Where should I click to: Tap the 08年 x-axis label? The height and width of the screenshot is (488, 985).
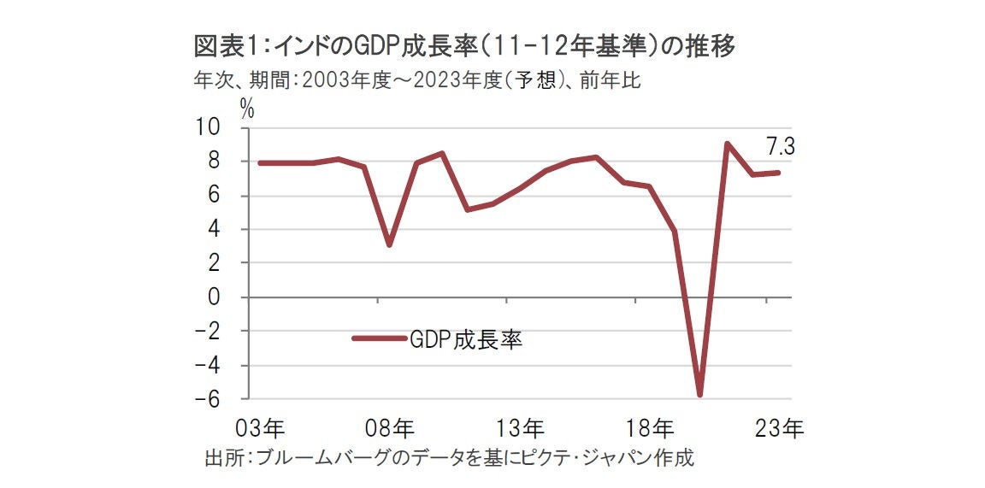pyautogui.click(x=392, y=426)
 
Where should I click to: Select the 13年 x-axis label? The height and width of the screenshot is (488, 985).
pyautogui.click(x=521, y=426)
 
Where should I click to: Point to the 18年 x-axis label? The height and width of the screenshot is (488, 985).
pyautogui.click(x=651, y=426)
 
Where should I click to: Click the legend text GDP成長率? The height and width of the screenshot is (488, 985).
pyautogui.click(x=466, y=339)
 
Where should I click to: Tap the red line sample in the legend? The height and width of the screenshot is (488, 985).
pyautogui.click(x=378, y=339)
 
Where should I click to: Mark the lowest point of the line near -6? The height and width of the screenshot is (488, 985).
pyautogui.click(x=700, y=395)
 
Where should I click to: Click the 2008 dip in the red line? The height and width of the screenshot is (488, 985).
pyautogui.click(x=389, y=245)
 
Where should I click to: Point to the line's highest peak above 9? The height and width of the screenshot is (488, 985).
pyautogui.click(x=726, y=144)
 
